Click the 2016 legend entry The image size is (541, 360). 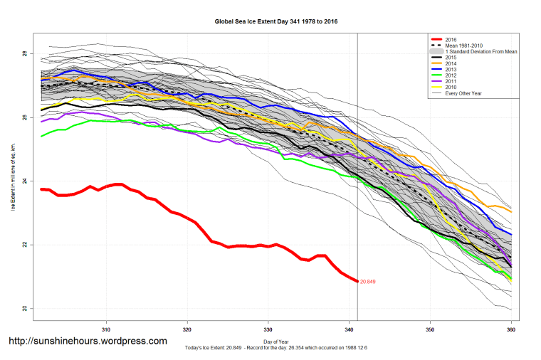point(451,39)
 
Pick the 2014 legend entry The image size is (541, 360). point(451,63)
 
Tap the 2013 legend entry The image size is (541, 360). point(451,69)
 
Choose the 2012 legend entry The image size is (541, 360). point(451,75)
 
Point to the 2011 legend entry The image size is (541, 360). point(451,80)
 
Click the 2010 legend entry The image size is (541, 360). point(451,87)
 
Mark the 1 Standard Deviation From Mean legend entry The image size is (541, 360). point(480,51)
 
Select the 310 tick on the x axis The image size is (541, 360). point(106,330)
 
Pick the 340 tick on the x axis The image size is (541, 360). point(349,330)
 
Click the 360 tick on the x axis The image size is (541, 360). point(511,330)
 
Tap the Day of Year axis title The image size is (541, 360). point(276,342)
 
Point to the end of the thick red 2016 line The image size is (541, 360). point(357,282)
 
